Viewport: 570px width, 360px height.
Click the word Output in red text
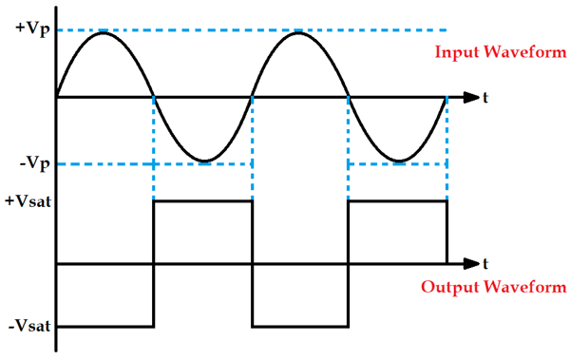pyautogui.click(x=447, y=287)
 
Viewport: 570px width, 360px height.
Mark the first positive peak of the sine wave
pyautogui.click(x=105, y=32)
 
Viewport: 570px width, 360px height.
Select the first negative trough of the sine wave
pyautogui.click(x=203, y=161)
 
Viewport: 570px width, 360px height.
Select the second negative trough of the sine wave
pyautogui.click(x=398, y=161)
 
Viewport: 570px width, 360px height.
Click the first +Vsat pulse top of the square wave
pyautogui.click(x=203, y=201)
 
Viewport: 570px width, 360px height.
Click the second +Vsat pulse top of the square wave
pyautogui.click(x=398, y=201)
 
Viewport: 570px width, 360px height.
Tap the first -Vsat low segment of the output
pyautogui.click(x=105, y=328)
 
